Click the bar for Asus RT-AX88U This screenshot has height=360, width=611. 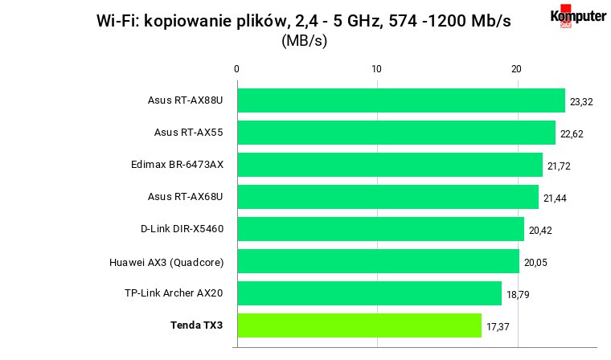pyautogui.click(x=401, y=100)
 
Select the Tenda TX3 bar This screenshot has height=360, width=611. pyautogui.click(x=359, y=325)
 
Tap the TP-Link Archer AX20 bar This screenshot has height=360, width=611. pyautogui.click(x=370, y=293)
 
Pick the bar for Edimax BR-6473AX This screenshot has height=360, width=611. pyautogui.click(x=390, y=165)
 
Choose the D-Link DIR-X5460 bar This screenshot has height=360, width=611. pyautogui.click(x=381, y=229)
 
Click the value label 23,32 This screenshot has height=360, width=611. pyautogui.click(x=581, y=102)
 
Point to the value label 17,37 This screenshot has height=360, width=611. pyautogui.click(x=498, y=326)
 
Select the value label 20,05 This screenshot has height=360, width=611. pyautogui.click(x=535, y=263)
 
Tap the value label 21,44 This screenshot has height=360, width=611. pyautogui.click(x=555, y=198)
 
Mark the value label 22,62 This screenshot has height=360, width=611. pyautogui.click(x=572, y=134)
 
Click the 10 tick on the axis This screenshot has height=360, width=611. pyautogui.click(x=376, y=69)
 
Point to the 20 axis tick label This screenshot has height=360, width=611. pyautogui.click(x=516, y=69)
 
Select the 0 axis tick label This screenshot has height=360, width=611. pyautogui.click(x=236, y=69)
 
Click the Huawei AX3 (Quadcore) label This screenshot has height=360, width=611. pyautogui.click(x=166, y=263)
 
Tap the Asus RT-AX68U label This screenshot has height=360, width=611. pyautogui.click(x=185, y=197)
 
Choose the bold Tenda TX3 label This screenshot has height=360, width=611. pyautogui.click(x=196, y=325)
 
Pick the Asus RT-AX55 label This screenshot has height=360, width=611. pyautogui.click(x=189, y=133)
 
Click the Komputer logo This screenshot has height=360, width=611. pyautogui.click(x=578, y=16)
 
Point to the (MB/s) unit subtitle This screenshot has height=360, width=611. pyautogui.click(x=305, y=40)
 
